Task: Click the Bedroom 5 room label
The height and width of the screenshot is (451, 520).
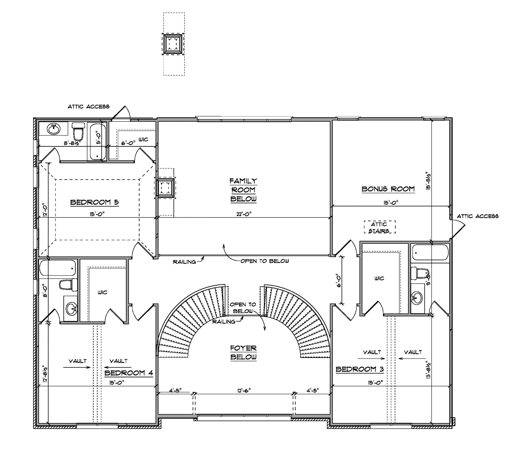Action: point(94,202)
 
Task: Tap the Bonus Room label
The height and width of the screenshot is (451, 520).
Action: point(388,189)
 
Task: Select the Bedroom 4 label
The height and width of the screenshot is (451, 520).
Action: point(129,373)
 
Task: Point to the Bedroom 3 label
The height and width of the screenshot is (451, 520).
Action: point(360,369)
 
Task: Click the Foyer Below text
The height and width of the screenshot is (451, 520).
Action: point(243,352)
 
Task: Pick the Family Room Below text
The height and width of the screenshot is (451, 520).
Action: point(243,190)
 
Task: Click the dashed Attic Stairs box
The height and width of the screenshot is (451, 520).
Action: point(380,227)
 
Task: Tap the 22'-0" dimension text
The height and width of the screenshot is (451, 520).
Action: point(244,214)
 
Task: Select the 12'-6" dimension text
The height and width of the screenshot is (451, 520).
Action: point(244,390)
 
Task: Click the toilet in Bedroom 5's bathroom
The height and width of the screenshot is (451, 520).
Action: point(78,131)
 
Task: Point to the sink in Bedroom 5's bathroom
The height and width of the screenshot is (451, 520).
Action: point(54,129)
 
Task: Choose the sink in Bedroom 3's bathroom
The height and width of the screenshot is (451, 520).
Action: point(417,298)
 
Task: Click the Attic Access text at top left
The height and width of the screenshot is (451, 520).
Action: point(88,106)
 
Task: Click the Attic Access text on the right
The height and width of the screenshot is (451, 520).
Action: point(478,216)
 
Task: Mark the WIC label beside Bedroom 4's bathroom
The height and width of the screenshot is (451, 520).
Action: point(102,292)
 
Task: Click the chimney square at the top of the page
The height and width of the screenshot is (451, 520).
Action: point(173,44)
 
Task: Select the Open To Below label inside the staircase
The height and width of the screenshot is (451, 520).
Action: point(243,308)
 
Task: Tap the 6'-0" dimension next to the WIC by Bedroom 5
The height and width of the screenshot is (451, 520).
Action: point(127,143)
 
